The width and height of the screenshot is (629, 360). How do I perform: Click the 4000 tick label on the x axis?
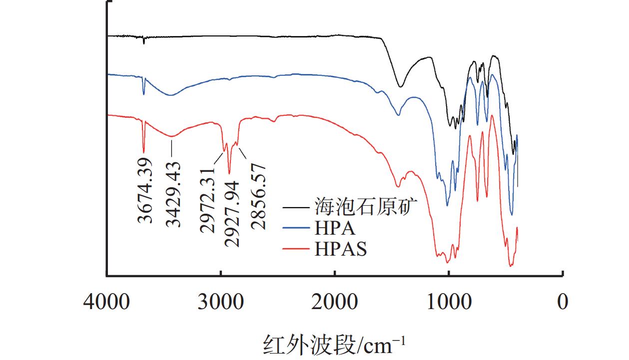106,302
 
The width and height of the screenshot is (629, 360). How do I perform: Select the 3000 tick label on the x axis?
220,302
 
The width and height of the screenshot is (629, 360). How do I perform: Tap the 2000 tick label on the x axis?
334,302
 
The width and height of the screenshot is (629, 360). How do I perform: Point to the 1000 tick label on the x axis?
448,302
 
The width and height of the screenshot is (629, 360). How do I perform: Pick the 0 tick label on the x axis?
563,302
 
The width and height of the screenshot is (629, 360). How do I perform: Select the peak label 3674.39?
145,191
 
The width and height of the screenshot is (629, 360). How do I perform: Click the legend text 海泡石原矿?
365,206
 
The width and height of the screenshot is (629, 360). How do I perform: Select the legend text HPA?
335,228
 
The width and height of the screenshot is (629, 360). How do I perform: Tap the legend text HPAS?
341,248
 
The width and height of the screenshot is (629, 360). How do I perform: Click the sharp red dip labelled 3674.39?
144,152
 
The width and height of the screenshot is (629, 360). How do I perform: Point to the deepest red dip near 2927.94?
229,173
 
